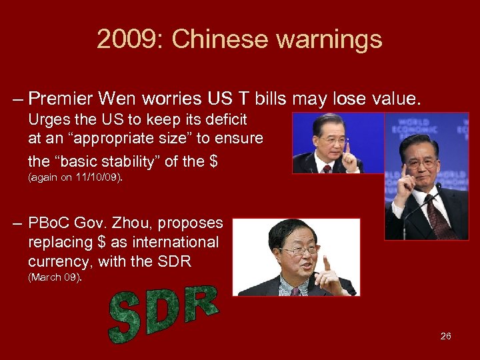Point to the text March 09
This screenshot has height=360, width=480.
pos(55,277)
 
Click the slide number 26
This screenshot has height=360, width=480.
pos(445,336)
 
